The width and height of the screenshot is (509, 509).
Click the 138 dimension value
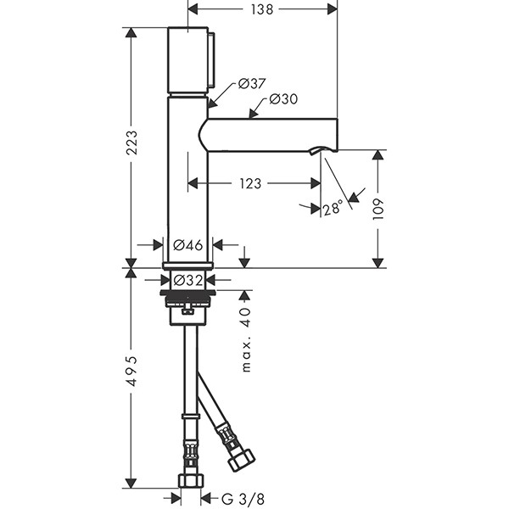[262, 9]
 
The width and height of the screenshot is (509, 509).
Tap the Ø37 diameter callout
[252, 83]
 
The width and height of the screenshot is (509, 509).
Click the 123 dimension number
[249, 182]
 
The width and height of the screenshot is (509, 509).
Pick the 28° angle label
[333, 207]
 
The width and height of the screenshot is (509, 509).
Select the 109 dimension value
[379, 209]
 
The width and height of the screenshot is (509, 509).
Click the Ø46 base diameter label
[187, 245]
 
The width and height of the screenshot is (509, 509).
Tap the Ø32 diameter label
[187, 279]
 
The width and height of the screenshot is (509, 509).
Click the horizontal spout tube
[271, 135]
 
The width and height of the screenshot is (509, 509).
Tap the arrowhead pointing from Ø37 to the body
[211, 103]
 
